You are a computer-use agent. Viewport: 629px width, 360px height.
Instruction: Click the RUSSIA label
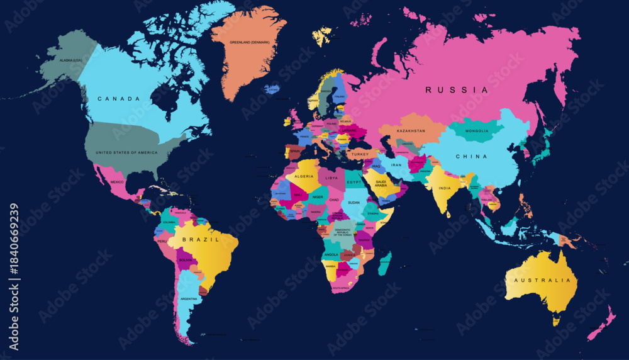(x=456, y=90)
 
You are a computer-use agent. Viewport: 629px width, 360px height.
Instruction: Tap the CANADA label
(x=118, y=99)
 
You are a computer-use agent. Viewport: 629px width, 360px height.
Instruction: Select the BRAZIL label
(x=201, y=240)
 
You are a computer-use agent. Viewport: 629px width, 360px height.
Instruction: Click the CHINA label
(x=471, y=156)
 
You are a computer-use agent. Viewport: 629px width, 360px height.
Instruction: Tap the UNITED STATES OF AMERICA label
(x=126, y=152)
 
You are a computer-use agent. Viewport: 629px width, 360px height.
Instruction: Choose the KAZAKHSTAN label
(x=411, y=131)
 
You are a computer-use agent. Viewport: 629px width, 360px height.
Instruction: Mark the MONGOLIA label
(x=476, y=131)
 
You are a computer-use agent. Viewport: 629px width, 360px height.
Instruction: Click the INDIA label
(x=445, y=188)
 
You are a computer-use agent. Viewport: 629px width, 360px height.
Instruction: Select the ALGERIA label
(x=304, y=177)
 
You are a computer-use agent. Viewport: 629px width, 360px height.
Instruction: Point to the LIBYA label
(x=331, y=178)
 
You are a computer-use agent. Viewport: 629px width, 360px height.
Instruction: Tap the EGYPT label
(x=354, y=182)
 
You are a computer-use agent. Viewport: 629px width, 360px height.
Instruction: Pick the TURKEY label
(x=360, y=154)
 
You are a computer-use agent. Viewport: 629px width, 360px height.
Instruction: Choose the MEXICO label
(x=117, y=182)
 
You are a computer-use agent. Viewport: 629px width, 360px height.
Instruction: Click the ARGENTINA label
(x=189, y=298)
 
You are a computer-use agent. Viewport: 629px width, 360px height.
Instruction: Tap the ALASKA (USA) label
(x=70, y=60)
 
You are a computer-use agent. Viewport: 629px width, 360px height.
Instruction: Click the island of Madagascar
(x=384, y=263)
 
